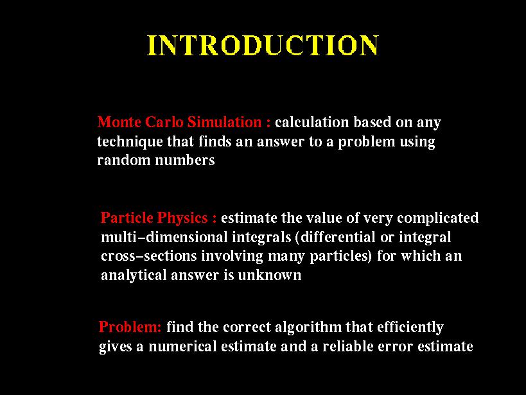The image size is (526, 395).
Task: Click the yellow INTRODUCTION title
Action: [x=263, y=45]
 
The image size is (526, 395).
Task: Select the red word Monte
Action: [x=119, y=121]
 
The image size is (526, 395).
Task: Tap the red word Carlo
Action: [x=164, y=121]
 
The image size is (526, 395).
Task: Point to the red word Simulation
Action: [x=224, y=121]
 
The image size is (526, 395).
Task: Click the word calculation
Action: [x=312, y=122]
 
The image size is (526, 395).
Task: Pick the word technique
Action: [x=130, y=142]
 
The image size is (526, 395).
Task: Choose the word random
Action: [x=124, y=160]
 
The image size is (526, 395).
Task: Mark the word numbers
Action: [x=185, y=160]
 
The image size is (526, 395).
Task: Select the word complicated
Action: [x=438, y=218]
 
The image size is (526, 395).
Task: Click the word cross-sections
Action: [x=149, y=256]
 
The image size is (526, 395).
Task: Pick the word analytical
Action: [x=134, y=276]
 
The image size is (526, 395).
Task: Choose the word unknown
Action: [x=269, y=275]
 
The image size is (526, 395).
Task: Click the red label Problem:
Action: [x=130, y=327]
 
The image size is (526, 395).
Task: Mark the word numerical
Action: [x=182, y=346]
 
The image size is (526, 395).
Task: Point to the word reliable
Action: [x=348, y=346]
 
